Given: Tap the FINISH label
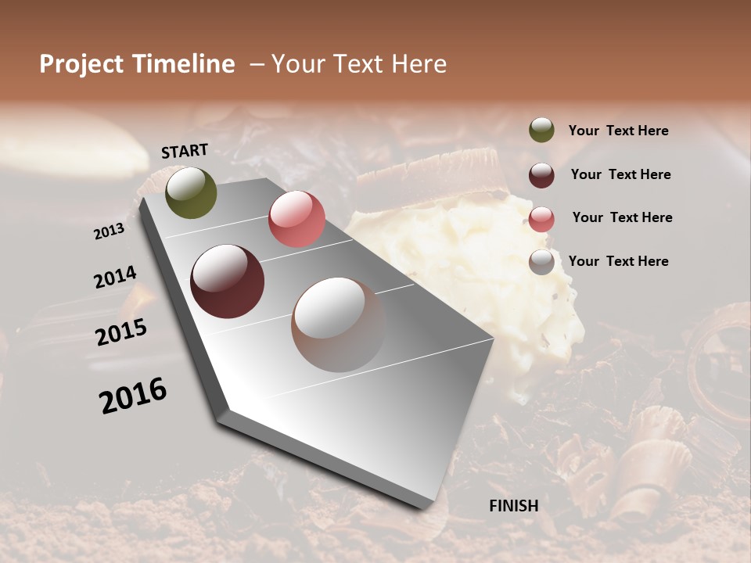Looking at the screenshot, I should (513, 505).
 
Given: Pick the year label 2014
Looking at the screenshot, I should (115, 278).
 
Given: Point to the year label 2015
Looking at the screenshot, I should (121, 332).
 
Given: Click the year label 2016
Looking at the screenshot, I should (133, 395).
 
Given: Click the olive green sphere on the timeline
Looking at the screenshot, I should (191, 193).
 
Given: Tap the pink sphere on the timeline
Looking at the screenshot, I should (296, 219).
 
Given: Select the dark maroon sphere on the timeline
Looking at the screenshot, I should (227, 281).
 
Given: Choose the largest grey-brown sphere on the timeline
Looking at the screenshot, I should (339, 325).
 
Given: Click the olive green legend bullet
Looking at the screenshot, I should (541, 131).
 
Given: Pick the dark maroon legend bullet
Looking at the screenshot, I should (541, 174).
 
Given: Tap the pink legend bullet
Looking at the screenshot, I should (541, 218).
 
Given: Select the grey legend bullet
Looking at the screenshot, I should (541, 262).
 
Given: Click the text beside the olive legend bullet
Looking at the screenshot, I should (618, 131).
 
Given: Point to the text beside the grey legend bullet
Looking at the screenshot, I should (618, 261).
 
